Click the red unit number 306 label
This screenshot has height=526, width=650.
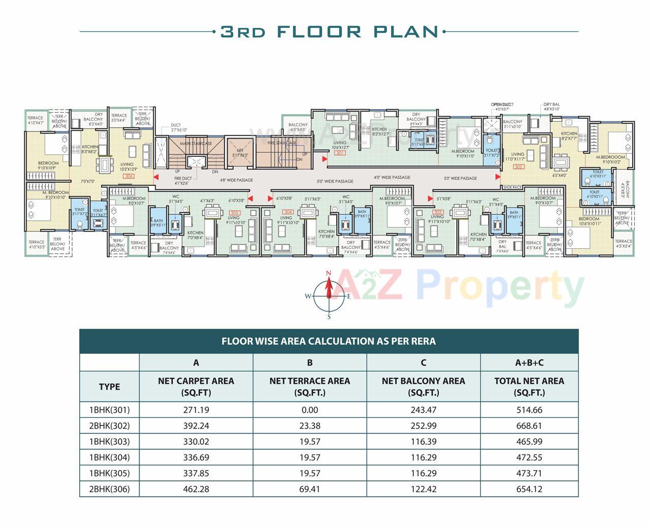coord(129,176)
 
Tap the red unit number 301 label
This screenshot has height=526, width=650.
coord(340,153)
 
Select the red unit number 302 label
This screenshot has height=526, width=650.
coord(518,167)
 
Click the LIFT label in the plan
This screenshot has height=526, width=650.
coord(240,150)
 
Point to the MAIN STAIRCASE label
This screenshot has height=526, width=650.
coord(196,144)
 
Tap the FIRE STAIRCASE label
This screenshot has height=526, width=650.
coord(282,143)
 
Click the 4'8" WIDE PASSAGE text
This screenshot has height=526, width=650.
coord(236,180)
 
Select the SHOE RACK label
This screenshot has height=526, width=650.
coord(512,187)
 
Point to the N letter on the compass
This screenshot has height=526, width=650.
coord(329,274)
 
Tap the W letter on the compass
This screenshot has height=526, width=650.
coord(308,297)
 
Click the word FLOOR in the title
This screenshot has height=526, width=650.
coord(319,31)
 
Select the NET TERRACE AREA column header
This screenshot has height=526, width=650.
coord(309,386)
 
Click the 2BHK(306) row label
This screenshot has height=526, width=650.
coord(109,489)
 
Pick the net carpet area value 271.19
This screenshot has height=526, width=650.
coord(196,410)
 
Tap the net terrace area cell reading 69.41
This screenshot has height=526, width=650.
coord(309,489)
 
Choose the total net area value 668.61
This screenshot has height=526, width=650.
coord(529,426)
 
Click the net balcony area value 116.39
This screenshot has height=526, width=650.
coord(424,442)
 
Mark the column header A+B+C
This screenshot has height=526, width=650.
coord(529,363)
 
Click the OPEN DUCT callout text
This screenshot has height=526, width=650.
coord(502,105)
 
